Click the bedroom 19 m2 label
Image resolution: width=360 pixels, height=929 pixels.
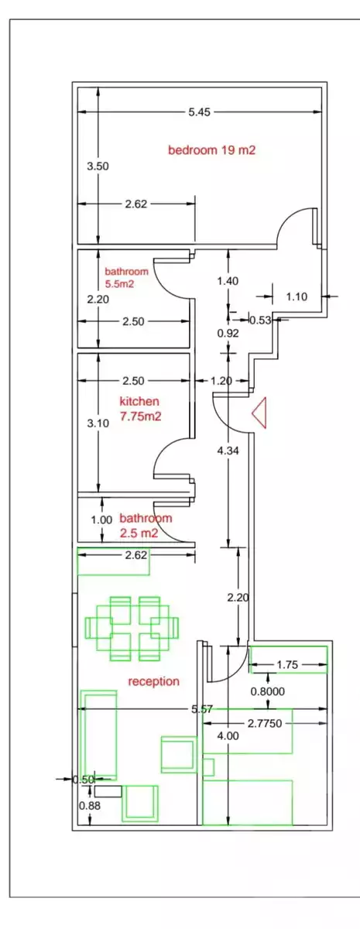211,149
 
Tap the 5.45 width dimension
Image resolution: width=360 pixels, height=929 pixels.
200,112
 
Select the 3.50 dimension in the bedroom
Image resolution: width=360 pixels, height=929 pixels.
98,166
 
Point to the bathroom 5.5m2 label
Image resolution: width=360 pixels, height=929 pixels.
126,278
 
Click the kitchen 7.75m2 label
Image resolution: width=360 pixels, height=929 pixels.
140,409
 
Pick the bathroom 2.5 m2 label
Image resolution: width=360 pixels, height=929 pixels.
146,526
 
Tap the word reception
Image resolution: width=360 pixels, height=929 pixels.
153,681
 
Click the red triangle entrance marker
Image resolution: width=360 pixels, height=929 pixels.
259,413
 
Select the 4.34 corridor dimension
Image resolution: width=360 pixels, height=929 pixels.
228,451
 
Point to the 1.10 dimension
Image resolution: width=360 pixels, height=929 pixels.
297,297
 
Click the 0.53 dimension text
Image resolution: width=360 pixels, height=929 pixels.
260,321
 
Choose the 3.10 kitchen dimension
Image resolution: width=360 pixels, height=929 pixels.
98,423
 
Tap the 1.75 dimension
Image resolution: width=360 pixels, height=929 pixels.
287,665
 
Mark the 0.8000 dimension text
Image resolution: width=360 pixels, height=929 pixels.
268,691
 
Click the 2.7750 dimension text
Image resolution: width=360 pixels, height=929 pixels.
265,723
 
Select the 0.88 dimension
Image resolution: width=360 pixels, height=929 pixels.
90,805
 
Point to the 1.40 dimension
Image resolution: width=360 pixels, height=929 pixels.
228,281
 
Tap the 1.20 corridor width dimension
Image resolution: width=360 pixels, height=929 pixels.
221,381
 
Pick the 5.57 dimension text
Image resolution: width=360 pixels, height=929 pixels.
202,709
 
